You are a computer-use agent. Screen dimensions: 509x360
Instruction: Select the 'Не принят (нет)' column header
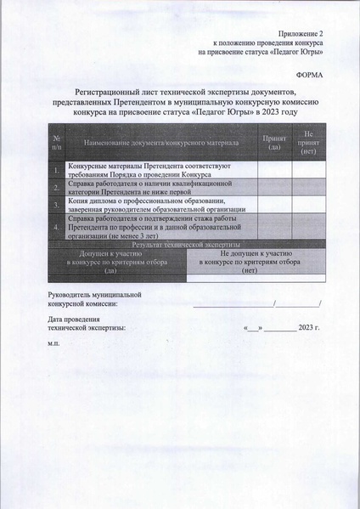tap(308, 141)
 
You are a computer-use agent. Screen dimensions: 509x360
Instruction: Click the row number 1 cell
tap(55, 170)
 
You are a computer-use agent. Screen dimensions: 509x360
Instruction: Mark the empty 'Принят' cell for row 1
tap(274, 170)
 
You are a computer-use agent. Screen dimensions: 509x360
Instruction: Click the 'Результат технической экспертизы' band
tap(186, 243)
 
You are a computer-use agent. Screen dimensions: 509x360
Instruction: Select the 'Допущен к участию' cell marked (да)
tap(115, 262)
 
